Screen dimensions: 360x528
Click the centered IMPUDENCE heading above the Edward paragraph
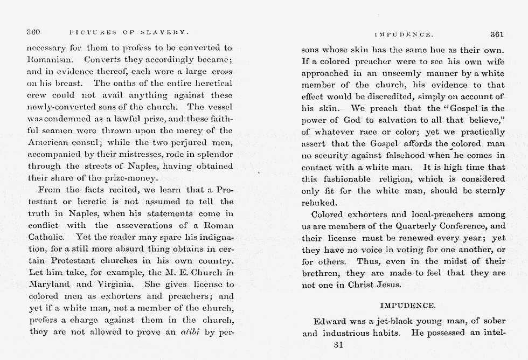point(408,306)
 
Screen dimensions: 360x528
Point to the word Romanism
point(49,59)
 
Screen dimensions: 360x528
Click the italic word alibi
point(191,332)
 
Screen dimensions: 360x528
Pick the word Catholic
point(46,237)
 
